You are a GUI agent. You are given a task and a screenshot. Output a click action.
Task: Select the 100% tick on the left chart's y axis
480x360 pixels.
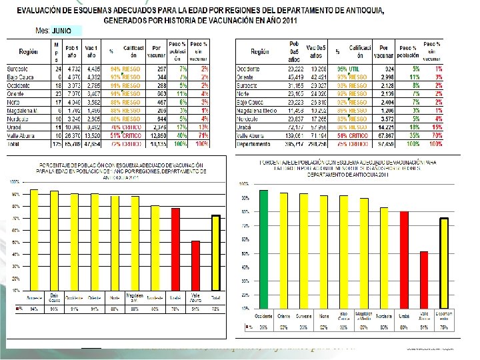[13, 181]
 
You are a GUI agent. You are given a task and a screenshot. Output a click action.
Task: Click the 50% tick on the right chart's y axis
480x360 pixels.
[245, 252]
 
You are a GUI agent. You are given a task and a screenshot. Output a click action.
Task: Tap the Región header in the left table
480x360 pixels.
[28, 51]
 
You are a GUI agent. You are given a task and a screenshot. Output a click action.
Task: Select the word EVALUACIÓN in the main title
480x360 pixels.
[46, 11]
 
